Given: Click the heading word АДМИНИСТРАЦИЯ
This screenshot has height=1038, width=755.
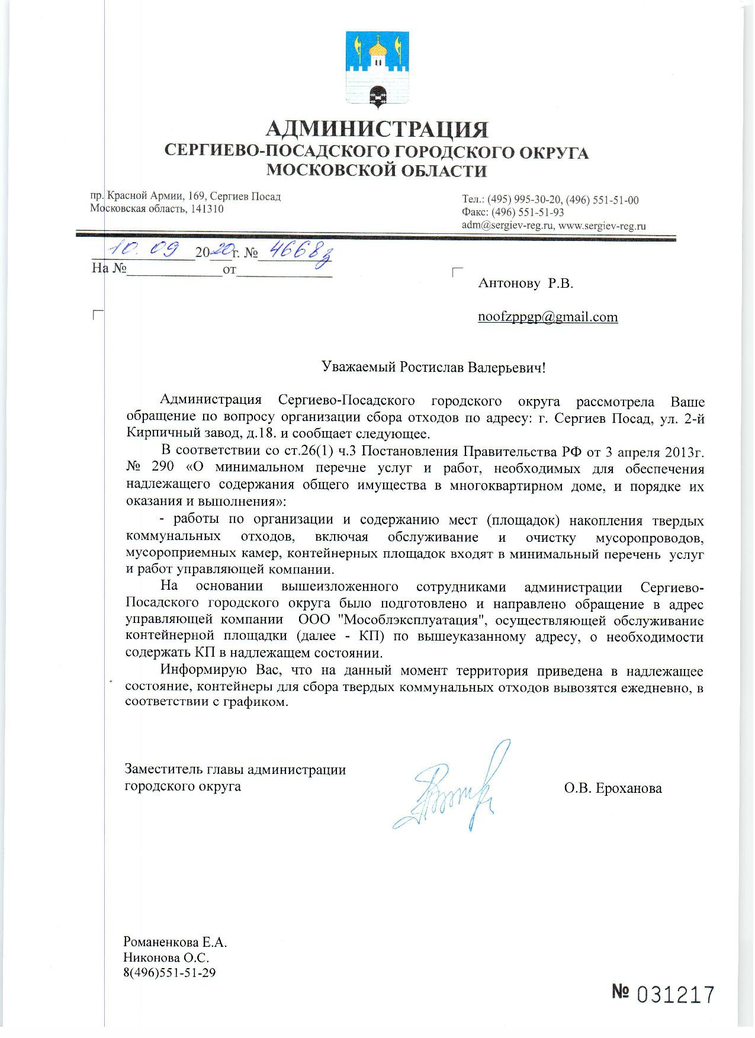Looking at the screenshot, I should click(x=377, y=128).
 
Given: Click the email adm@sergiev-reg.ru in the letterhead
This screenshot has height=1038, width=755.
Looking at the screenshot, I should click(x=507, y=226).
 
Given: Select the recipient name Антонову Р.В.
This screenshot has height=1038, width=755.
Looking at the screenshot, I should click(x=526, y=283).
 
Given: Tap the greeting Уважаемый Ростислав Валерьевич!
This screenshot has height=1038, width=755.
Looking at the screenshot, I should click(x=432, y=367).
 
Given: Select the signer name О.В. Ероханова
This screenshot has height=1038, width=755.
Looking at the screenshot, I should click(x=613, y=788).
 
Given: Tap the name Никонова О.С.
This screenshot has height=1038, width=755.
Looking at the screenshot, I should click(x=166, y=957).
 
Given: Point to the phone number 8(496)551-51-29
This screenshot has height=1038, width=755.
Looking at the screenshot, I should click(x=169, y=972).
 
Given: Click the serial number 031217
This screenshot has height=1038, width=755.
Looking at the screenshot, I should click(x=676, y=995).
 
